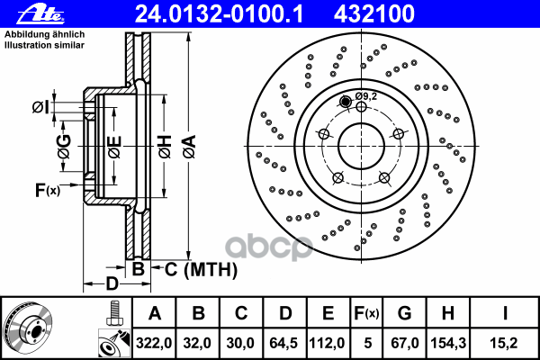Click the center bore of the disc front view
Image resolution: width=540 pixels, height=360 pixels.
tap(360, 145)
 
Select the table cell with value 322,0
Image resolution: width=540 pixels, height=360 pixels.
tap(154, 342)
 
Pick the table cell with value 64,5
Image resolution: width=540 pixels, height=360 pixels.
tap(285, 342)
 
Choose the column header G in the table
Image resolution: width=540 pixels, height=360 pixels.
tap(404, 313)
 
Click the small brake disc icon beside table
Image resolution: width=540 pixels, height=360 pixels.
tap(31, 328)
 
